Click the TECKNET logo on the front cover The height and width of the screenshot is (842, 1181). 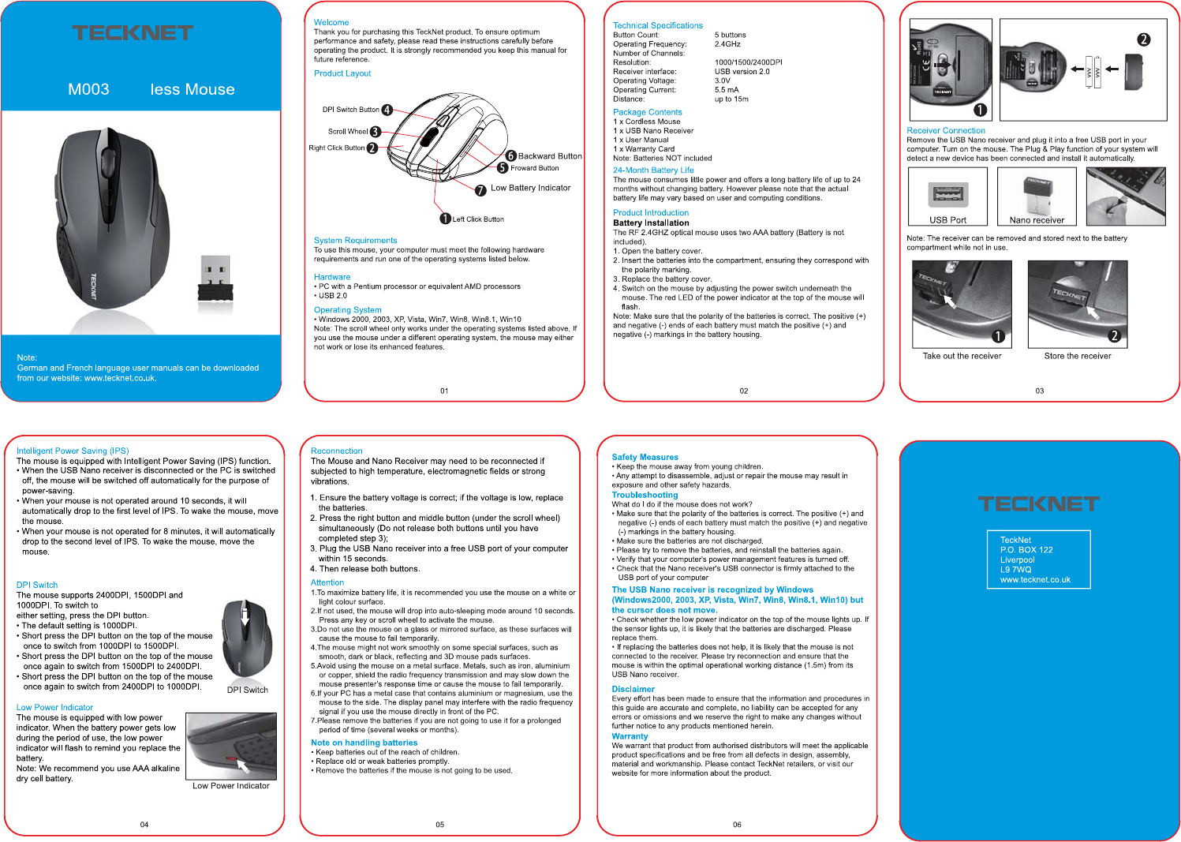(133, 33)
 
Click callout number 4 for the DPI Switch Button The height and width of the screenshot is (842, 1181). (387, 110)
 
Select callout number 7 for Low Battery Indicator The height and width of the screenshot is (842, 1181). (480, 189)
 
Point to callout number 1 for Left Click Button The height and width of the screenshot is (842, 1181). (445, 219)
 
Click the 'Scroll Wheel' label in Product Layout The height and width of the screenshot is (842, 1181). (348, 132)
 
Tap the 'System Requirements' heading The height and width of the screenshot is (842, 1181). (355, 241)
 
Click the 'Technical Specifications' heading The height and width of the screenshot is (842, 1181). (657, 25)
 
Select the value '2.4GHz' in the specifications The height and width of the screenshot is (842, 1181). (727, 44)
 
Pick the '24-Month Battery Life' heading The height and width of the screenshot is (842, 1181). (653, 170)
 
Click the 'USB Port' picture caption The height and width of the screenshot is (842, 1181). (947, 220)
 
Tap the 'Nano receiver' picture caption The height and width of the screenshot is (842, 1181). (1037, 220)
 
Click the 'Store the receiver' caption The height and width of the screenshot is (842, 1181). (1077, 356)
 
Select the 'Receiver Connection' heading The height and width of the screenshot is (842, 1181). (946, 130)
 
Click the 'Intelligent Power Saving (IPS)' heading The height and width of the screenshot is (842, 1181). (73, 451)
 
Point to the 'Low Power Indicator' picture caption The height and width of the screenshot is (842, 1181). (230, 786)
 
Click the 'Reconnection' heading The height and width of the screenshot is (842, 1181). (337, 451)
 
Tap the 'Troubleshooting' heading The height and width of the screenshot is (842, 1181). (645, 495)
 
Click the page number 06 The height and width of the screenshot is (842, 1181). (737, 825)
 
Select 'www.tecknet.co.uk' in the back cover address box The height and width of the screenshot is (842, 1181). (1035, 579)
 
